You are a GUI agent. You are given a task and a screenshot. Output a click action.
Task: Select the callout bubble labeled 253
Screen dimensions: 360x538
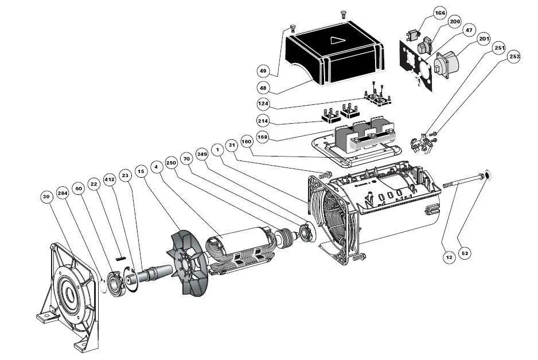pyautogui.click(x=514, y=57)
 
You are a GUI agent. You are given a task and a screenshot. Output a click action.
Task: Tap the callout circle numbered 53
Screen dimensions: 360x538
pyautogui.click(x=465, y=253)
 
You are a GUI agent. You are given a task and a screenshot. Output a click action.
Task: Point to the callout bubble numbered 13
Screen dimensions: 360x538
pyautogui.click(x=449, y=257)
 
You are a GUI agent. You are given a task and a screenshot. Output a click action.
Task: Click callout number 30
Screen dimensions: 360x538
pyautogui.click(x=46, y=195)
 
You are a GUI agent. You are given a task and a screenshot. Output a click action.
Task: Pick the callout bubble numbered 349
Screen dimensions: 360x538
pyautogui.click(x=201, y=154)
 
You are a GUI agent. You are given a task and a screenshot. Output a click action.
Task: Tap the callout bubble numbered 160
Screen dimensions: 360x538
pyautogui.click(x=247, y=142)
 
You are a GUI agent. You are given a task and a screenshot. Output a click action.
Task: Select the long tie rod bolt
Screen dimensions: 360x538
pyautogui.click(x=465, y=179)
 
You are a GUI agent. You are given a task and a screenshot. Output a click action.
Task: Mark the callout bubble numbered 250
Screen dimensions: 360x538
pyautogui.click(x=170, y=162)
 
